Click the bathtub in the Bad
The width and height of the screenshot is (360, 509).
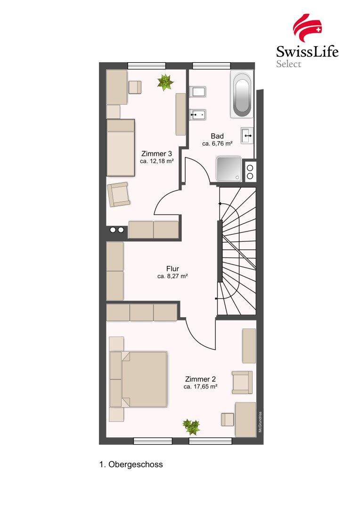pyautogui.click(x=242, y=94)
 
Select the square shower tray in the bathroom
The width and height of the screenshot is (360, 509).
pyautogui.click(x=229, y=169)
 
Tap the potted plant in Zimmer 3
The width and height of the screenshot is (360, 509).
pyautogui.click(x=165, y=82)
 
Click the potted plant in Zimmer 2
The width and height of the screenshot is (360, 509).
pyautogui.click(x=191, y=427)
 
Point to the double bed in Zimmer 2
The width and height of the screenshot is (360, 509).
pyautogui.click(x=139, y=379)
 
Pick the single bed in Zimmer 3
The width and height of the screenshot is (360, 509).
pyautogui.click(x=121, y=148)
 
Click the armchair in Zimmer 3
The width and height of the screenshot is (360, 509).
pyautogui.click(x=119, y=195)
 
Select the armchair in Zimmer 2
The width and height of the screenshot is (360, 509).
pyautogui.click(x=242, y=382)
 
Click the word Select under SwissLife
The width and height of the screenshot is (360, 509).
pyautogui.click(x=288, y=64)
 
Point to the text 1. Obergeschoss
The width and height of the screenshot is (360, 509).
pyautogui.click(x=131, y=464)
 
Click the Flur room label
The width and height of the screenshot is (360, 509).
pyautogui.click(x=172, y=269)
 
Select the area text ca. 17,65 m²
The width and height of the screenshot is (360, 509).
pyautogui.click(x=200, y=386)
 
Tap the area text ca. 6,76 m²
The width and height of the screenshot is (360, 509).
pyautogui.click(x=217, y=143)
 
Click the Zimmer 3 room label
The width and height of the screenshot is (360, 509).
pyautogui.click(x=156, y=154)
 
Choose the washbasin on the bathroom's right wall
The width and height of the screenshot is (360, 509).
pyautogui.click(x=247, y=135)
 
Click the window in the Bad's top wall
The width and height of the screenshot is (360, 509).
pyautogui.click(x=211, y=66)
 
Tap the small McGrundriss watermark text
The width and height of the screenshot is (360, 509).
pyautogui.click(x=261, y=422)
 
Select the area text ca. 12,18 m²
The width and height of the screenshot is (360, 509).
pyautogui.click(x=156, y=161)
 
